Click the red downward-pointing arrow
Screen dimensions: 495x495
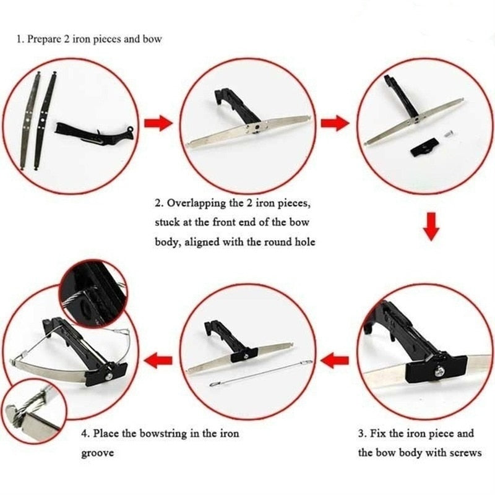click(431, 226)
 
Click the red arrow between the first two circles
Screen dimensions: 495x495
click(158, 123)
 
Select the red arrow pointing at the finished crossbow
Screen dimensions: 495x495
click(158, 360)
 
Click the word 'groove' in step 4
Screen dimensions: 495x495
click(98, 454)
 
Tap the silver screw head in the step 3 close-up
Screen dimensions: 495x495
click(440, 372)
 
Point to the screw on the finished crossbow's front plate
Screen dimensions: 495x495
click(108, 377)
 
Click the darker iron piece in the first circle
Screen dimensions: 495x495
click(44, 121)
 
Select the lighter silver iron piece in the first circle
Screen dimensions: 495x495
click(29, 121)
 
